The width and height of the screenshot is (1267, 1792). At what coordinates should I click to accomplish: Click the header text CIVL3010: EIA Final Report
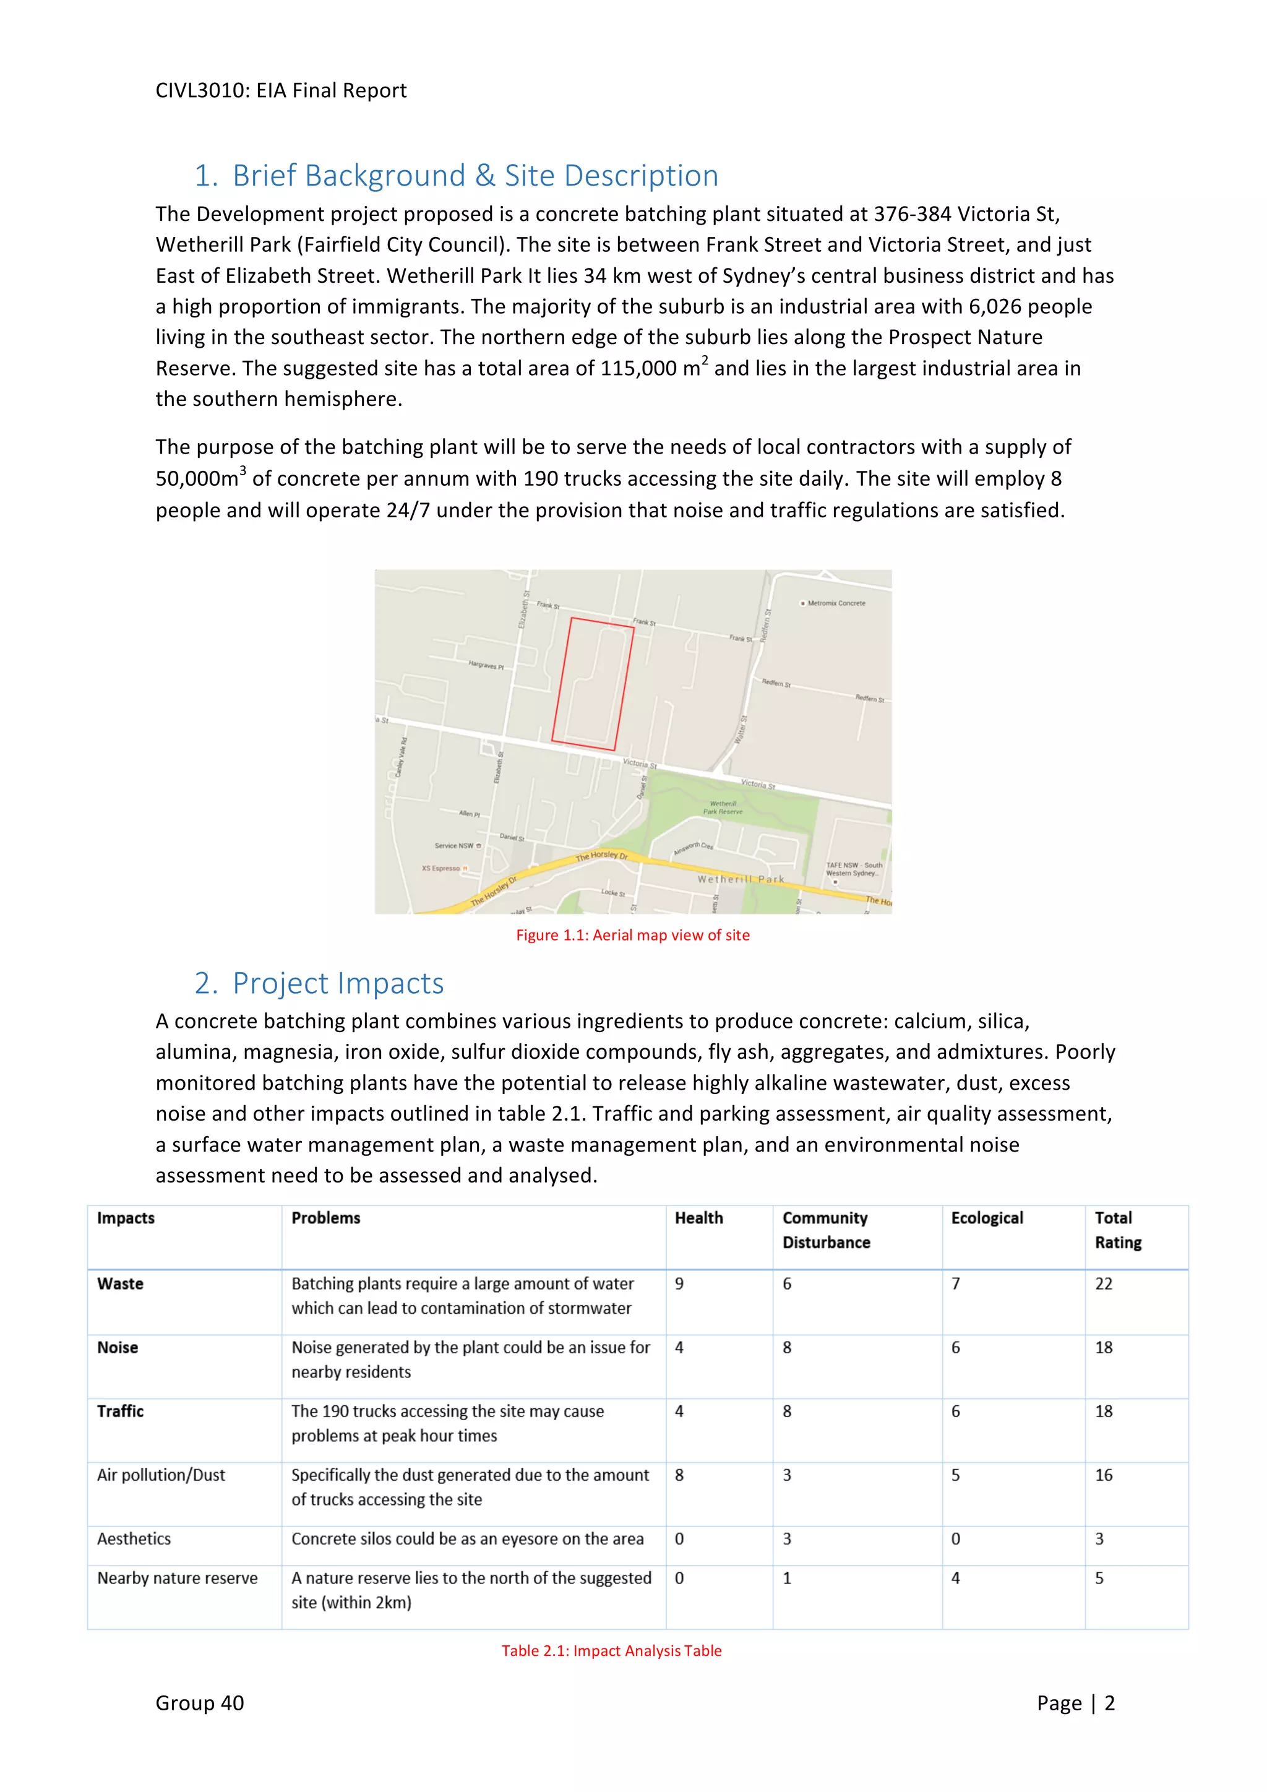pyautogui.click(x=281, y=90)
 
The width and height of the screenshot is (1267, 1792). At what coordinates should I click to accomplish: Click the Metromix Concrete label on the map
pyautogui.click(x=836, y=603)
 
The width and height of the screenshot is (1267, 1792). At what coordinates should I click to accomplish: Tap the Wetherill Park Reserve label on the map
pyautogui.click(x=723, y=807)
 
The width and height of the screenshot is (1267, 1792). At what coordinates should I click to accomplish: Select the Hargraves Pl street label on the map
pyautogui.click(x=486, y=665)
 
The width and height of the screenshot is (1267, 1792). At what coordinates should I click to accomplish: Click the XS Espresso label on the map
pyautogui.click(x=442, y=868)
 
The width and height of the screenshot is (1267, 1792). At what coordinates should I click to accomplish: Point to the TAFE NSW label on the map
pyautogui.click(x=854, y=869)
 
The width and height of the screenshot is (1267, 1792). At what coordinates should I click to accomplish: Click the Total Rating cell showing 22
pyautogui.click(x=1103, y=1284)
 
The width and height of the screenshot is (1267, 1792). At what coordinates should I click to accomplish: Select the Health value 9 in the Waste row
pyautogui.click(x=679, y=1284)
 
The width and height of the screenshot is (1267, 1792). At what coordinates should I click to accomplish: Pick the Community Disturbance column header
pyautogui.click(x=825, y=1230)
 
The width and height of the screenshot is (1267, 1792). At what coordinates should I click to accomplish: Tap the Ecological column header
pyautogui.click(x=987, y=1218)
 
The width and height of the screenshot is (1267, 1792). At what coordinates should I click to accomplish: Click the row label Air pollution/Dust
pyautogui.click(x=161, y=1475)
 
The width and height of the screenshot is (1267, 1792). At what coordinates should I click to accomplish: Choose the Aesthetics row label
pyautogui.click(x=134, y=1539)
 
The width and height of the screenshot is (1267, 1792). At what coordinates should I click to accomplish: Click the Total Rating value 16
pyautogui.click(x=1103, y=1475)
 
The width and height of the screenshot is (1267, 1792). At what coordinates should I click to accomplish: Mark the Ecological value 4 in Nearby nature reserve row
pyautogui.click(x=955, y=1578)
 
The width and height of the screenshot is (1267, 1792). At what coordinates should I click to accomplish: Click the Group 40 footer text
pyautogui.click(x=200, y=1703)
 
